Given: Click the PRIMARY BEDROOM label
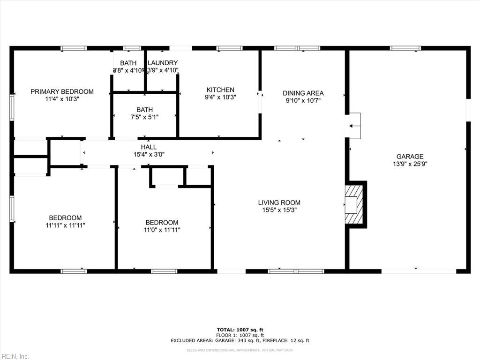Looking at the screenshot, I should [62, 91].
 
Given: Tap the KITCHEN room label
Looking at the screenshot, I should [220, 90].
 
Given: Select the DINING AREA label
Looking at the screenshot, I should [303, 93].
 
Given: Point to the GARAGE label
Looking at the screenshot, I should [410, 157].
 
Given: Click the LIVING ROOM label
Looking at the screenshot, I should [279, 202].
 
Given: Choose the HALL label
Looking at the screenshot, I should [149, 147].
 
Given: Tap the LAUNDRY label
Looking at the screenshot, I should [163, 63].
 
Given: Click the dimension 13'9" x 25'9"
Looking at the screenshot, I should [410, 164].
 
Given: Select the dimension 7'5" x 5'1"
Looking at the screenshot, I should [144, 117].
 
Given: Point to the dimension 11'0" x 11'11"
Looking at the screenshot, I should [162, 230].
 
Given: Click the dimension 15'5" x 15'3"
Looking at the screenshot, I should [279, 210].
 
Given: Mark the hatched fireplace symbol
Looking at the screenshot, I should [354, 204].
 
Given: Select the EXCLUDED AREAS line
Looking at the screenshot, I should [240, 341].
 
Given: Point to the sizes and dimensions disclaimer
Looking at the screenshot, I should [240, 350].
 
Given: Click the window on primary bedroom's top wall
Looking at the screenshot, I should [74, 48].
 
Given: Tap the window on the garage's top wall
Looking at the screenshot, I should [405, 48].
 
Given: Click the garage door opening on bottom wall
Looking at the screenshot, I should [419, 271].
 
